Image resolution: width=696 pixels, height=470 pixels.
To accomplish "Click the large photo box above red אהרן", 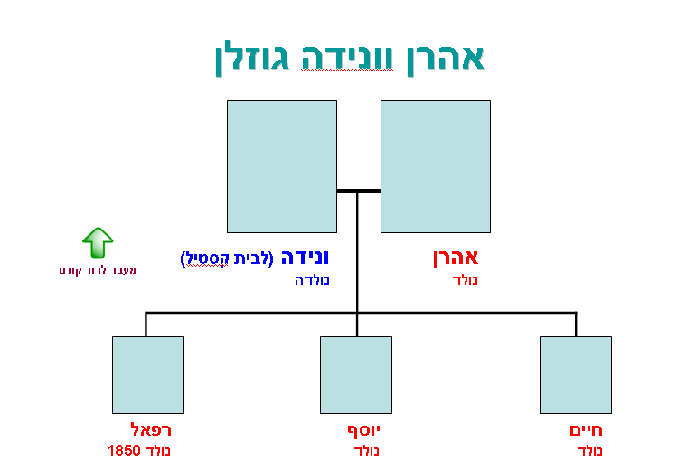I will coord(435,166).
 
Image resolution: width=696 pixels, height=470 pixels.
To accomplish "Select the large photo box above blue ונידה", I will coord(281,166).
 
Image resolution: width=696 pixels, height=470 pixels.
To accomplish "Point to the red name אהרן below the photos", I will coord(456,258).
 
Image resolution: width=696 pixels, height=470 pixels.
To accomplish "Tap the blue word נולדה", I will coord(312,280).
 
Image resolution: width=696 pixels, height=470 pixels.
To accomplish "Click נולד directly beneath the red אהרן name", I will coord(465,280).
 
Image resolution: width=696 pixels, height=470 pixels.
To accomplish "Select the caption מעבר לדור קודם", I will coord(98,270).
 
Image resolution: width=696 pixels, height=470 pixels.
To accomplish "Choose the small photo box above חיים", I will coord(575,374).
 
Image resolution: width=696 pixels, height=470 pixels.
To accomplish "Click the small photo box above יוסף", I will coord(356,374).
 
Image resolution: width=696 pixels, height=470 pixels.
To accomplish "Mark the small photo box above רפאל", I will coord(148,374).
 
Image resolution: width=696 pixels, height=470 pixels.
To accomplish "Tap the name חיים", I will coord(586,429).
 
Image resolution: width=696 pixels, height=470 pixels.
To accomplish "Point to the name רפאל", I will coord(151,429).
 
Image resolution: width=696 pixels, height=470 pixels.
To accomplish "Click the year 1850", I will coord(123,449).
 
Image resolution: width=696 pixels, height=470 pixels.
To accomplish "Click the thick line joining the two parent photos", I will coord(358,191).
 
